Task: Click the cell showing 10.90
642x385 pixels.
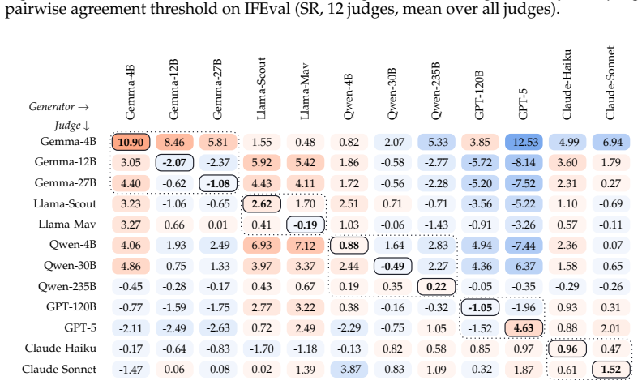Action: click(131, 142)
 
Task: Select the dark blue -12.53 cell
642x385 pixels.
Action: click(524, 142)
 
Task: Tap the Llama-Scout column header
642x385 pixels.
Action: click(261, 88)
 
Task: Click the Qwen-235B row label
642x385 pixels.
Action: click(67, 286)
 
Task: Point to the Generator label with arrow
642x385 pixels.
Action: click(59, 107)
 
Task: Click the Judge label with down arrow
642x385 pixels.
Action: click(72, 126)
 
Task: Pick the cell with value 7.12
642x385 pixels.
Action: click(306, 246)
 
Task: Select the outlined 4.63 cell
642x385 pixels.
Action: click(524, 328)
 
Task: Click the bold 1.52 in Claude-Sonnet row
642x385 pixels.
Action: click(611, 370)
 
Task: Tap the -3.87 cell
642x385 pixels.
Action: click(349, 370)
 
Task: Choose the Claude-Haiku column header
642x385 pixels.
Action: click(567, 85)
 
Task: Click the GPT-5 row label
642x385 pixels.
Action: click(80, 327)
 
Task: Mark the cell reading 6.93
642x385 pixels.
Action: click(262, 246)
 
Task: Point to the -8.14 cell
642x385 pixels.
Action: click(524, 163)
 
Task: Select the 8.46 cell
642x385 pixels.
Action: click(174, 142)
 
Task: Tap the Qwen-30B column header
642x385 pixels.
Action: click(392, 94)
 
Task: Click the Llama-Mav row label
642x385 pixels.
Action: click(67, 225)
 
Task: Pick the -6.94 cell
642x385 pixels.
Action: click(611, 142)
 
